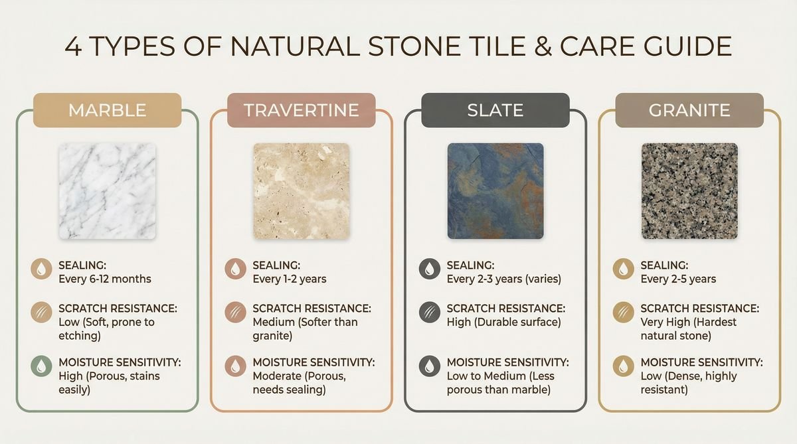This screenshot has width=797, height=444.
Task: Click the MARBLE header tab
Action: point(108,110)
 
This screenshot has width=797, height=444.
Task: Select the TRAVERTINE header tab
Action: point(302,110)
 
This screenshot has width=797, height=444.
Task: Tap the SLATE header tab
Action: point(495,110)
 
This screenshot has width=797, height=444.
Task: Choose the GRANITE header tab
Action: point(689,110)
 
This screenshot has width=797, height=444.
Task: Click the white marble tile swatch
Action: point(108,191)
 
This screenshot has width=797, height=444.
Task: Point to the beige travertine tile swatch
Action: point(302,191)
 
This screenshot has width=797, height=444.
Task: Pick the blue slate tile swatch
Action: point(495,191)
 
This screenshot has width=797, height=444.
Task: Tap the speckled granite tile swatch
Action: point(689,191)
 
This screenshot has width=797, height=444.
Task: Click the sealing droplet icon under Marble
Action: point(41,269)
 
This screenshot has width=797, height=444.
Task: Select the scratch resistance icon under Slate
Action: point(428,312)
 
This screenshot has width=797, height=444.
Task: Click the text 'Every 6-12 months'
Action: point(105,279)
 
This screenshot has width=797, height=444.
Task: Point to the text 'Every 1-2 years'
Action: point(290,279)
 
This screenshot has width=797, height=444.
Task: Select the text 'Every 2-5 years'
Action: point(678,279)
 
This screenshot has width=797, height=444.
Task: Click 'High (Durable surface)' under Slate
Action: point(503,323)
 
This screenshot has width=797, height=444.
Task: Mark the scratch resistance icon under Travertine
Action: point(234,312)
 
